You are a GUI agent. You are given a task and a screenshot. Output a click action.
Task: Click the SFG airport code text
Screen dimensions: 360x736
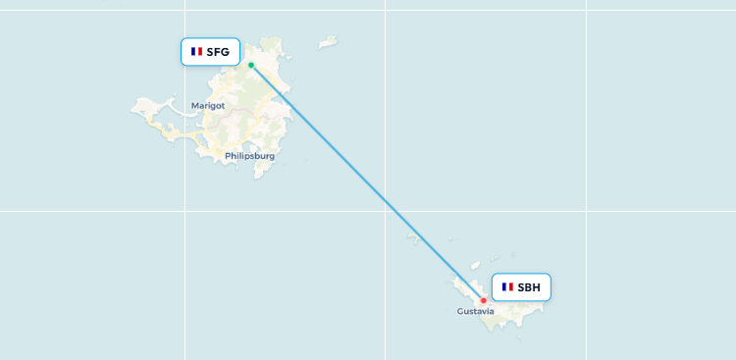click(x=218, y=52)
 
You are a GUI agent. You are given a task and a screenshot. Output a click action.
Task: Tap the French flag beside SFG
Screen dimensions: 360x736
click(x=197, y=52)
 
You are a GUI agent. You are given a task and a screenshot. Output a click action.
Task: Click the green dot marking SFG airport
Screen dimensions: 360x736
click(x=251, y=66)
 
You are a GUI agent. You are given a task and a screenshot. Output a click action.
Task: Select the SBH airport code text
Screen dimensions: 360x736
click(x=529, y=287)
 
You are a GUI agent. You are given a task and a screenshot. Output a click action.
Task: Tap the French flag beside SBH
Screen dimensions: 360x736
click(x=507, y=287)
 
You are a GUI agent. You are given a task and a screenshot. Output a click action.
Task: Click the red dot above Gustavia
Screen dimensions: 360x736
click(x=483, y=300)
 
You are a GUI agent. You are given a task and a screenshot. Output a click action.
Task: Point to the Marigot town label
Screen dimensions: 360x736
click(x=208, y=105)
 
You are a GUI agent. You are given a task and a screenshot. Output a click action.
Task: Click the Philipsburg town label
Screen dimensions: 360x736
click(x=249, y=156)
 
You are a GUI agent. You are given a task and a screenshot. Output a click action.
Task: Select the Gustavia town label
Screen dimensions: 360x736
click(x=476, y=312)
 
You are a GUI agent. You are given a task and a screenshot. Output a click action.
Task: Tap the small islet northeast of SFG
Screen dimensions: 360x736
click(x=328, y=42)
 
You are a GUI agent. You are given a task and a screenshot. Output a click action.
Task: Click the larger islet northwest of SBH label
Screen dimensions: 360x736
click(x=474, y=266)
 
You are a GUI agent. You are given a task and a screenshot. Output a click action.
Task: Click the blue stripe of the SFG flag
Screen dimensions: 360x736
click(x=193, y=52)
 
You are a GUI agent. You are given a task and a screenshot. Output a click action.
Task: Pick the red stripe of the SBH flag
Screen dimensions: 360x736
click(x=511, y=287)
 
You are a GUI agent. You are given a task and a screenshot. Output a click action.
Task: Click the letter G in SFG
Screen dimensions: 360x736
click(x=225, y=52)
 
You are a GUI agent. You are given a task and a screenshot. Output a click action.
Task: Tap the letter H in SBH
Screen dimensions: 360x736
click(x=536, y=287)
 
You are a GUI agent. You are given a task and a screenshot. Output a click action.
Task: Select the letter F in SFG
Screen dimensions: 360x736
click(x=218, y=52)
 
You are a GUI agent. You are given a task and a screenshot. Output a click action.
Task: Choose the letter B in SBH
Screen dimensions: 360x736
click(x=529, y=287)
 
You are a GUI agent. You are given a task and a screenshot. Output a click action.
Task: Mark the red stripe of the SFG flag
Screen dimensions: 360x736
click(x=201, y=52)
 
